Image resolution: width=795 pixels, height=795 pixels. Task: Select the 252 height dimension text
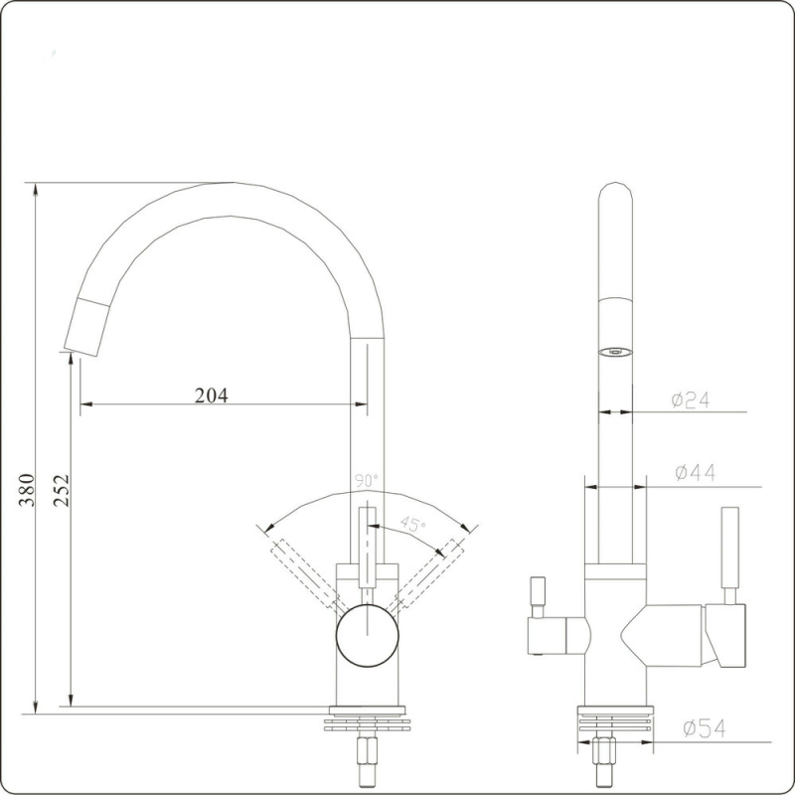pyautogui.click(x=62, y=490)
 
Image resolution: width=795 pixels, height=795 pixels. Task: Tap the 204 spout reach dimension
pyautogui.click(x=211, y=396)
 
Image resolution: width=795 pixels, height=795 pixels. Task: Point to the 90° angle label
pyautogui.click(x=367, y=481)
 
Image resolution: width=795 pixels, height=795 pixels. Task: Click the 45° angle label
pyautogui.click(x=412, y=524)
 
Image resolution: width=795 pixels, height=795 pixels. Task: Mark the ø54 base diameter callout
pyautogui.click(x=704, y=729)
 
